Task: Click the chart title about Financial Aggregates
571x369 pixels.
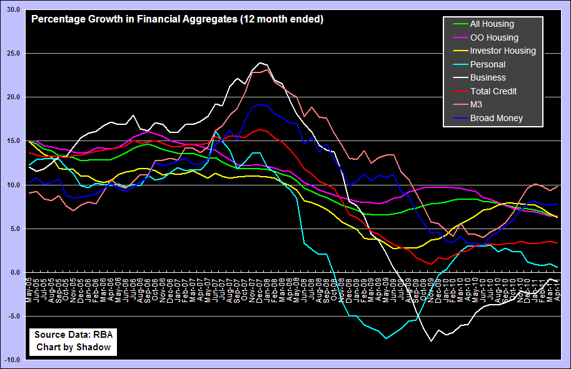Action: (x=177, y=19)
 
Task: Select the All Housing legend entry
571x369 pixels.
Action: (x=492, y=24)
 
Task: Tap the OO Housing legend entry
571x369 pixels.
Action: (x=493, y=37)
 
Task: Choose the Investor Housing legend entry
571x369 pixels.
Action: (x=503, y=51)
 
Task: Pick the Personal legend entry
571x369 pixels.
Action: (x=487, y=64)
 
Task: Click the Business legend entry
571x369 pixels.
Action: (x=488, y=78)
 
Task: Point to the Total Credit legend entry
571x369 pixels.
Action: (x=494, y=91)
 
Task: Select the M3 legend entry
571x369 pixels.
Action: (x=477, y=105)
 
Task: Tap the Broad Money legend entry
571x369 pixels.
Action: (x=496, y=118)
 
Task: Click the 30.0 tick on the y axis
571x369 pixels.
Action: (x=13, y=10)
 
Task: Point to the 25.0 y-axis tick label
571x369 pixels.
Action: (x=13, y=54)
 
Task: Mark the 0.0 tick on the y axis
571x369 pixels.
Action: (x=15, y=273)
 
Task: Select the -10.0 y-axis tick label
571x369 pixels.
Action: (x=12, y=360)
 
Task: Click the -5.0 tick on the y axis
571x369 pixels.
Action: (x=13, y=317)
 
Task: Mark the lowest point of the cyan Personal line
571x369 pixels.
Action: (x=387, y=338)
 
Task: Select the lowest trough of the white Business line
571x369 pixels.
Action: (x=430, y=341)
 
